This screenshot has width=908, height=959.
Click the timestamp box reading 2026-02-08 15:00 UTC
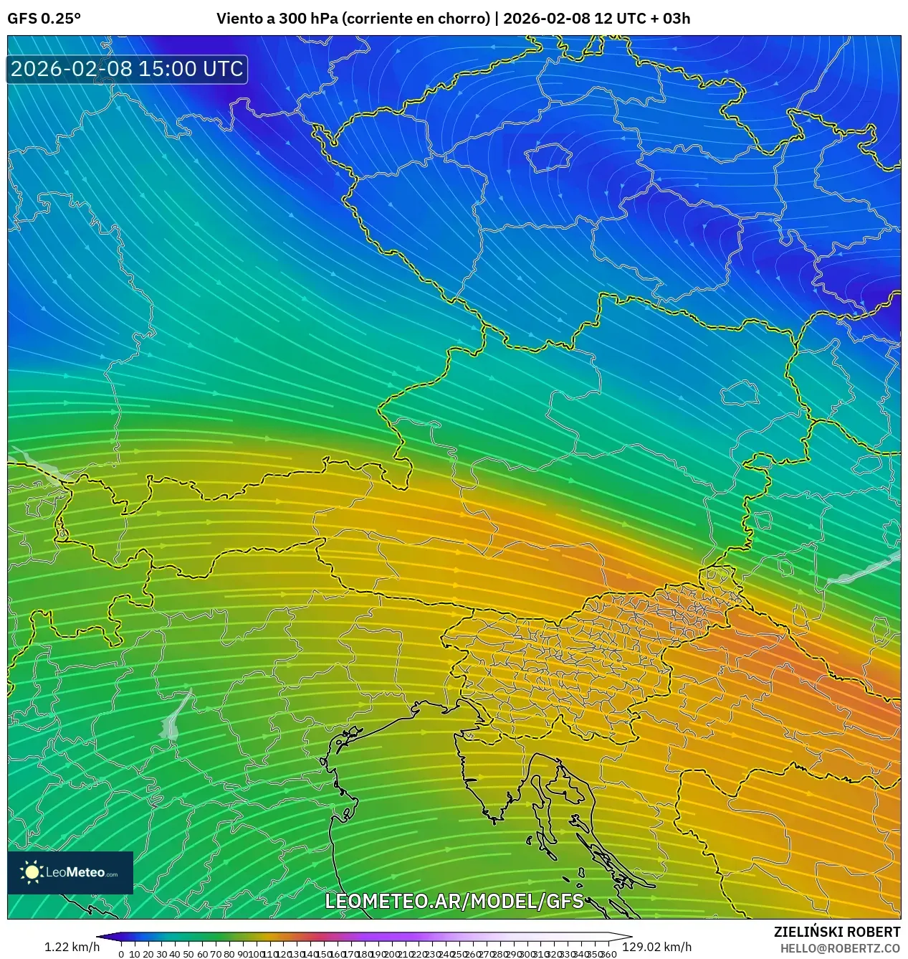(127, 69)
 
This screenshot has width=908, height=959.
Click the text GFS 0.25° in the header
(44, 18)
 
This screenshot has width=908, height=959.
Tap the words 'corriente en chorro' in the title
(417, 18)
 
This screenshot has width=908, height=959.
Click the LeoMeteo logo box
(70, 872)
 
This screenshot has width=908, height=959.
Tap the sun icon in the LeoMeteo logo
(32, 872)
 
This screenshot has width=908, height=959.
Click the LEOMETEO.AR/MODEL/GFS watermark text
(454, 901)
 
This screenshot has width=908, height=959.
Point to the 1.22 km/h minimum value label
(72, 947)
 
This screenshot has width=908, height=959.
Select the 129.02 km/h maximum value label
(656, 947)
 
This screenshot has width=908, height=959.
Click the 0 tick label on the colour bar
(121, 954)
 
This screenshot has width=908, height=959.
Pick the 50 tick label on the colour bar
(188, 954)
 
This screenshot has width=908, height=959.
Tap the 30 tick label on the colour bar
(161, 954)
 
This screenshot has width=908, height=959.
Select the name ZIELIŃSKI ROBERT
(836, 932)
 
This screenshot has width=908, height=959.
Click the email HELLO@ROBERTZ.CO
(840, 948)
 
